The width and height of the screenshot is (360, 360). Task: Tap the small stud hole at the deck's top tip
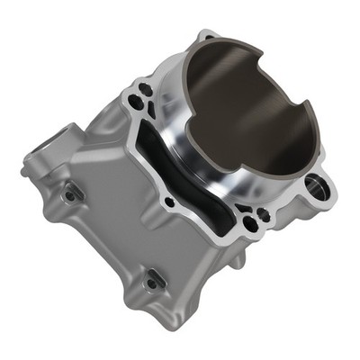[208, 37]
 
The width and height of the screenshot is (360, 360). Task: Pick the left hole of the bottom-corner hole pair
[249, 220]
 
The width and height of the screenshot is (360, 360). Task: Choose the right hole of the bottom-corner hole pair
[262, 214]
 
